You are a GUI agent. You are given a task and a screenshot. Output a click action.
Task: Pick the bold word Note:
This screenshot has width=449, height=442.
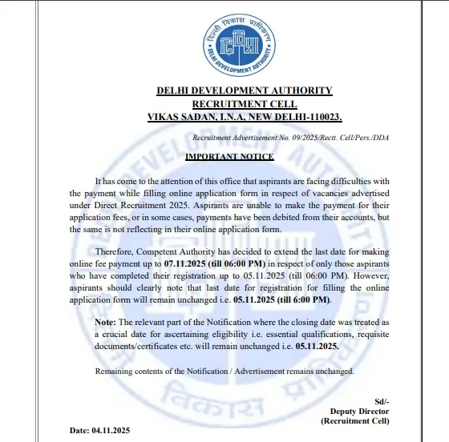point(107,321)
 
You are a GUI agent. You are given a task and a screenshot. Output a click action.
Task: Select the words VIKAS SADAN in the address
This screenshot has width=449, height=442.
point(179,117)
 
